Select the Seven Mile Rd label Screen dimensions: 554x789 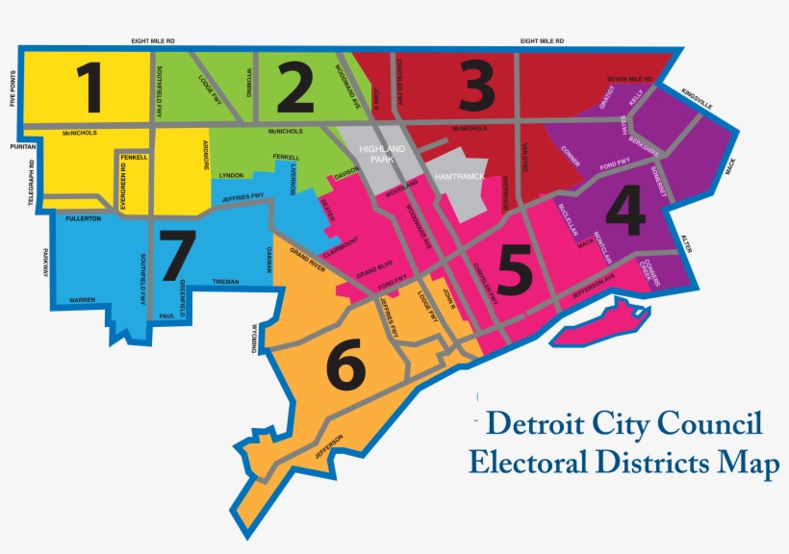click(629, 78)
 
